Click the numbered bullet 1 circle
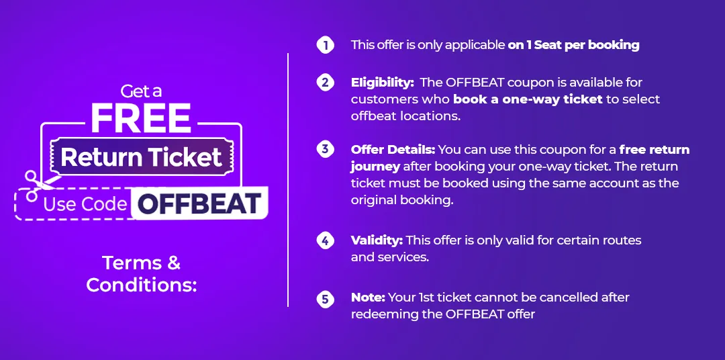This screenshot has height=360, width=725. tap(325, 45)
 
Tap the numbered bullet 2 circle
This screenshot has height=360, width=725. tap(325, 83)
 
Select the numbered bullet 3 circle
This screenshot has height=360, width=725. tap(325, 149)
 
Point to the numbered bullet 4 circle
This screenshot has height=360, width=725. tap(325, 240)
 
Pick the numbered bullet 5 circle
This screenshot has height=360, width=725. tap(325, 298)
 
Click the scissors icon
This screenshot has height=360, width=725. tap(38, 185)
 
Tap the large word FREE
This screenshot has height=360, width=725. tap(140, 118)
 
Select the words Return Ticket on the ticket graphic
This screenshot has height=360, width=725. tap(142, 157)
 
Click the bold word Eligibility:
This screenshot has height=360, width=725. tap(383, 83)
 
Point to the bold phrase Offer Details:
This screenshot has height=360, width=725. tap(393, 150)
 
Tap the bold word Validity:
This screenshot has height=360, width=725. tap(377, 240)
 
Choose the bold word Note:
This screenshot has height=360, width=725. tap(368, 297)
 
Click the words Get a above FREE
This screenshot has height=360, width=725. tap(141, 91)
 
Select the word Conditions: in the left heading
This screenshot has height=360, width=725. tap(142, 285)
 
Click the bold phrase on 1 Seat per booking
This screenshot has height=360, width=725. tap(573, 46)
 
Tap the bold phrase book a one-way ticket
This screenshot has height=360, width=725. tap(528, 99)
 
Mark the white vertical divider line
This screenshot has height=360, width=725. tap(287, 179)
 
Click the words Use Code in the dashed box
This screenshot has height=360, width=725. tap(85, 205)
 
